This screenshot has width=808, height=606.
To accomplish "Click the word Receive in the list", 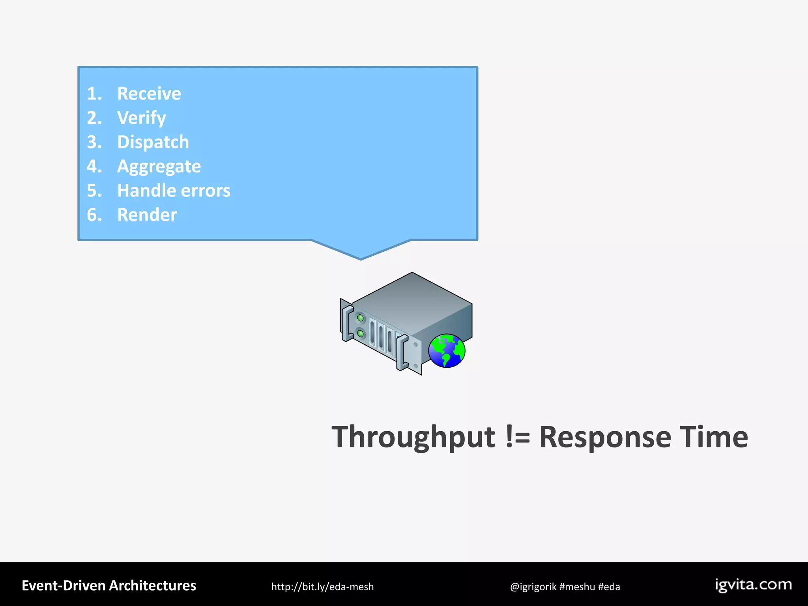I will (x=149, y=94).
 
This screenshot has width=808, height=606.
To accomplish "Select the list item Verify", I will (x=141, y=118).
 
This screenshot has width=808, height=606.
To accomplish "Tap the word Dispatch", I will (x=153, y=142).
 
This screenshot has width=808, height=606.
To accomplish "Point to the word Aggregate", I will (x=159, y=166).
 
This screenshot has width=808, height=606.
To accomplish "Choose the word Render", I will (x=147, y=215).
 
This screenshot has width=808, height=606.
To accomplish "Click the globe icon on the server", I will (x=447, y=351).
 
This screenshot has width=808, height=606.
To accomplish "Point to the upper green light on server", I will (x=360, y=318).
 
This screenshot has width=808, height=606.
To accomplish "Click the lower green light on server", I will (x=360, y=334).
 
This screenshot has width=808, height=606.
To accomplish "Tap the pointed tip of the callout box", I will (x=361, y=258).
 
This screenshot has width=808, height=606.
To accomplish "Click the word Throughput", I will (x=413, y=437).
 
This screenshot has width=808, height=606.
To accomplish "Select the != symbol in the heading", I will (x=518, y=437).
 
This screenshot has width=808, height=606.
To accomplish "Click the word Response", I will (x=604, y=437).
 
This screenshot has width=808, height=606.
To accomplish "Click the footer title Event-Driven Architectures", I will (x=109, y=586).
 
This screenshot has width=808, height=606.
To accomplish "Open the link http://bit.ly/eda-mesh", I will (x=322, y=587).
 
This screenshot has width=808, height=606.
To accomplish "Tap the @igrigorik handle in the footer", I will (x=533, y=587).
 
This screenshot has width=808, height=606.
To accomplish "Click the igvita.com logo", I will (x=753, y=585).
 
